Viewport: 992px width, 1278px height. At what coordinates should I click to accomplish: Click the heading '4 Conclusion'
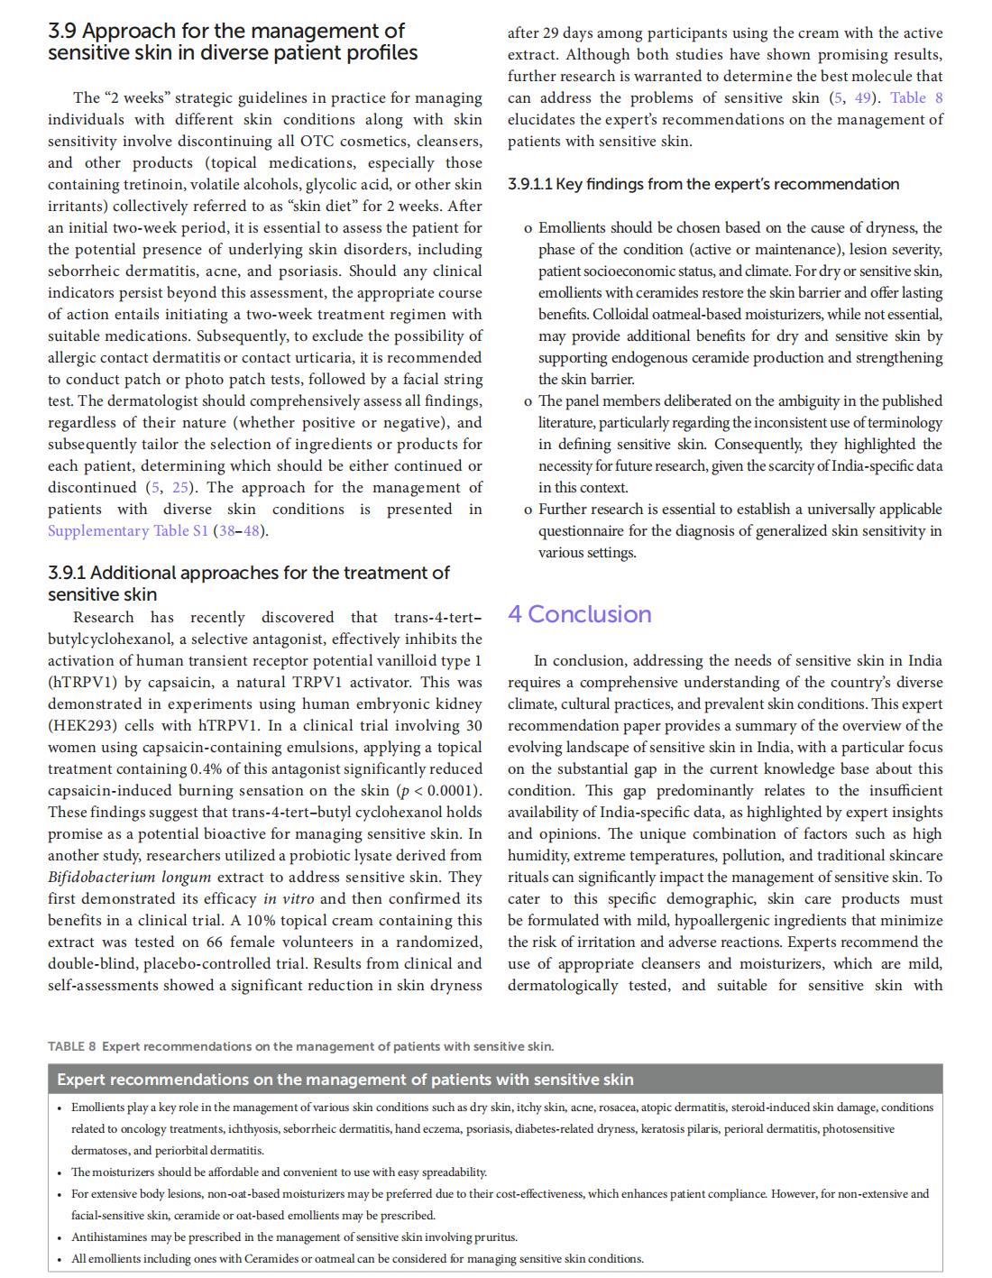(579, 614)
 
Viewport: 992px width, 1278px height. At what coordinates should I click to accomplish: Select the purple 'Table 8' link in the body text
(916, 97)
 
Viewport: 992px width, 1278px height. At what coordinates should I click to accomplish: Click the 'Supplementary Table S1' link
(128, 530)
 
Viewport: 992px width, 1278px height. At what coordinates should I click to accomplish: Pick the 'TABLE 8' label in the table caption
(72, 1046)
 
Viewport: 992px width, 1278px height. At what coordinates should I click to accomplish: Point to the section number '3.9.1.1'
(529, 184)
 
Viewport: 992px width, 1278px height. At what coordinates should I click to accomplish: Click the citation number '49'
(863, 97)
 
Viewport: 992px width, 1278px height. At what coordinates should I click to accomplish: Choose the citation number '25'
(180, 487)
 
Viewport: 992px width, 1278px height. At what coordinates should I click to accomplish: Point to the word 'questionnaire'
(581, 530)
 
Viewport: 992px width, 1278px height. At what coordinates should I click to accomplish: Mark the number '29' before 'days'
(554, 32)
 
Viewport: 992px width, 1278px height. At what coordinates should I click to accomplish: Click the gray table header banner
(495, 1080)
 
